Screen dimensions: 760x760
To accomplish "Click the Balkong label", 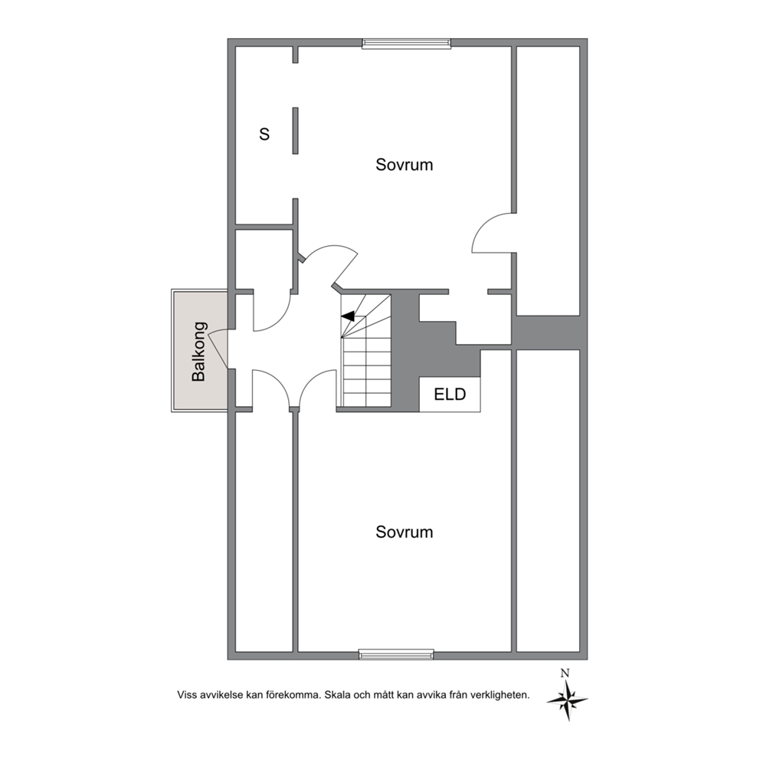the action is (199, 352).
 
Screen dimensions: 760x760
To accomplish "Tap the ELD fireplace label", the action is (450, 394).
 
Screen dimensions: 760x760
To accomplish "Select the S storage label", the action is (264, 134).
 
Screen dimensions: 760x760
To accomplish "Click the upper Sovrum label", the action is (405, 165).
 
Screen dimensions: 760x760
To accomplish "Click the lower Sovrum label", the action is (405, 532).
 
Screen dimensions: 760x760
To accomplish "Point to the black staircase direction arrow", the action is (348, 316).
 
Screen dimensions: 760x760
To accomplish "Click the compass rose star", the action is (568, 699).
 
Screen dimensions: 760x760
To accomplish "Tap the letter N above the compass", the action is (565, 673).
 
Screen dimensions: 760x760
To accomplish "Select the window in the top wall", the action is (407, 44).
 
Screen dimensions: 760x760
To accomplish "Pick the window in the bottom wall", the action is (397, 655).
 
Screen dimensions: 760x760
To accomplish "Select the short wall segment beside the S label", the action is (295, 131).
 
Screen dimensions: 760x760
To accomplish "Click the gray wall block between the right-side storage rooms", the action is (550, 332).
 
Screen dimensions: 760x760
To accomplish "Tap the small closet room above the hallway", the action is (264, 259).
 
